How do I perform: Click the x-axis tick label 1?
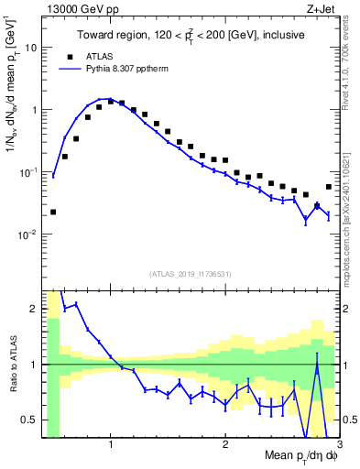coord(111,446)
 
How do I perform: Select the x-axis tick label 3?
coord(338,446)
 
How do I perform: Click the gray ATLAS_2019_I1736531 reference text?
coord(191,275)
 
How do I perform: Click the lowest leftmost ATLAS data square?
coord(53,212)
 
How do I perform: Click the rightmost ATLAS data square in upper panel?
coord(329,187)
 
